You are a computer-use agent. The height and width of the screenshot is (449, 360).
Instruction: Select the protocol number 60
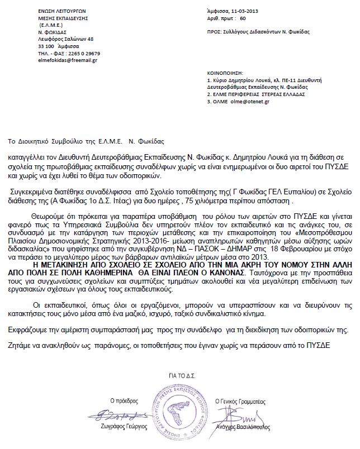[242, 18]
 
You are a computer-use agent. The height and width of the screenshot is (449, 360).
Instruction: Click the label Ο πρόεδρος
[124, 401]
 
